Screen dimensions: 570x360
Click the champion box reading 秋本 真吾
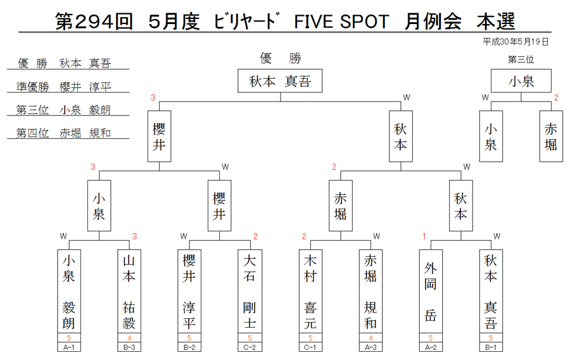point(280,80)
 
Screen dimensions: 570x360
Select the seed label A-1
point(68,347)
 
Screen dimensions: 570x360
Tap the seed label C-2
point(250,347)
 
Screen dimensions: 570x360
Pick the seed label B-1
point(491,347)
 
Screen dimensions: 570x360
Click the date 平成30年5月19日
point(516,42)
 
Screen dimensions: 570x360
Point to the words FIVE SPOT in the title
point(341,22)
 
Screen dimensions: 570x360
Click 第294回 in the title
point(94,22)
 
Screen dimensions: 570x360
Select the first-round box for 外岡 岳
point(431,292)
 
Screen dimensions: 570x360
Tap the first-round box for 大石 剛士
point(250,292)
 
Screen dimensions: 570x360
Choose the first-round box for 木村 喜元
point(310,292)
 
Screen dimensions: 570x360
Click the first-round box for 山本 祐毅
point(129,292)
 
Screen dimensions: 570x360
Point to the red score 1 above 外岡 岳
point(424,236)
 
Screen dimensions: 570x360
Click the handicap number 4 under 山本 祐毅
point(129,338)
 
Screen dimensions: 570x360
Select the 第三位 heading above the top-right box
point(521,60)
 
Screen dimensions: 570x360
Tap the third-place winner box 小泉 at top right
point(521,80)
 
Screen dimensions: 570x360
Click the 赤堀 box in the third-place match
point(551,136)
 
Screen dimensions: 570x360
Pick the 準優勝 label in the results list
point(33,87)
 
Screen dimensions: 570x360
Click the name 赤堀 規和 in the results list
point(85,133)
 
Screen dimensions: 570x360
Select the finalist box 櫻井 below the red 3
point(159,136)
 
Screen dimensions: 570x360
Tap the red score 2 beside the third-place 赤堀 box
point(556,98)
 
